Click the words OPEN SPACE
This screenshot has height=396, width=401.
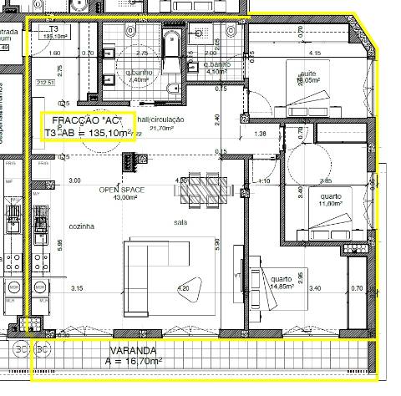click(x=122, y=190)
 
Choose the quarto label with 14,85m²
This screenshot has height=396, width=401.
click(x=281, y=282)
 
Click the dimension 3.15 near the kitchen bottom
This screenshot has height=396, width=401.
click(x=77, y=288)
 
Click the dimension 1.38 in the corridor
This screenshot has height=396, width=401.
click(x=260, y=134)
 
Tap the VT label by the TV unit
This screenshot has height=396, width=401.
click(x=239, y=273)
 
